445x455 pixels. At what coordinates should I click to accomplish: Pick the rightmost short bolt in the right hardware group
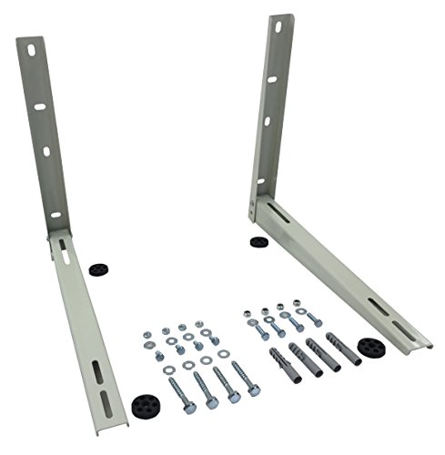click(311, 318)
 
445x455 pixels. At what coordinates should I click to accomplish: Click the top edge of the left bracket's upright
click(27, 37)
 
